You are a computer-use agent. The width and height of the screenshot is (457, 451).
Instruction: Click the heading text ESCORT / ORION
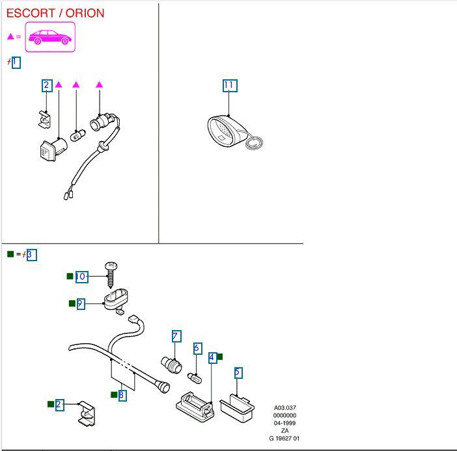[55, 13]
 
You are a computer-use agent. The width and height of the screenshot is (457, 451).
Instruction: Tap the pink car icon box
[50, 37]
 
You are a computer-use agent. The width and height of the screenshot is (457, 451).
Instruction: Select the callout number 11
[228, 85]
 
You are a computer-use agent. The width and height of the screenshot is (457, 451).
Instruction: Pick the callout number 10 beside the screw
[81, 276]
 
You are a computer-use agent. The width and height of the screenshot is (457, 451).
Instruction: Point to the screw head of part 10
[111, 266]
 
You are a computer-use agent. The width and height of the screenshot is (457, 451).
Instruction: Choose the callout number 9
[81, 303]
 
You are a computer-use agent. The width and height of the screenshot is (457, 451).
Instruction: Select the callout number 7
[176, 336]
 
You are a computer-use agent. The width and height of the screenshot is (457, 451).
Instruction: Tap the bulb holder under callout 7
[171, 363]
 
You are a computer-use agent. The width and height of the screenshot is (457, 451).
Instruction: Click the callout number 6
[197, 348]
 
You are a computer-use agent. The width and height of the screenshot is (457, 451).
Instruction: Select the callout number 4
[212, 357]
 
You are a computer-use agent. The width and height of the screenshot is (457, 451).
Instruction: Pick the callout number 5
[238, 372]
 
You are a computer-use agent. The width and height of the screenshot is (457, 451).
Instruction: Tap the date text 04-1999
[284, 423]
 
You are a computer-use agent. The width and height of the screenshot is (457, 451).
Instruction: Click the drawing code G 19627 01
[284, 439]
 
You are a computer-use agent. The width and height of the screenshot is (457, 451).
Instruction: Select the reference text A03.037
[284, 408]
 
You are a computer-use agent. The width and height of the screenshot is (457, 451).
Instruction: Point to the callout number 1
[16, 62]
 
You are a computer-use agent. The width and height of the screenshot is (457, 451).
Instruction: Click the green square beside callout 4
[220, 356]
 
